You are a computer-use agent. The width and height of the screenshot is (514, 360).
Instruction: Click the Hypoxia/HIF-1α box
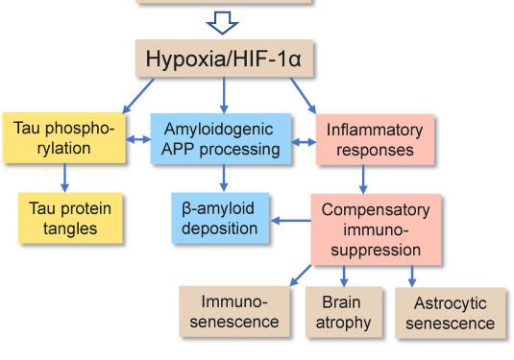coord(224,59)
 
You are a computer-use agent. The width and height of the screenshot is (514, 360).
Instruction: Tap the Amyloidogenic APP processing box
coord(222,138)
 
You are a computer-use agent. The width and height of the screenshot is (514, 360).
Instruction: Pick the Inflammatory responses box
coord(364,138)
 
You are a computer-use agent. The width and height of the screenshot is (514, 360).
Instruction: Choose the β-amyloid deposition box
coord(221,217)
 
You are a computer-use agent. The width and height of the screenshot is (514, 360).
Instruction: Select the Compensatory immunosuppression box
coord(370,230)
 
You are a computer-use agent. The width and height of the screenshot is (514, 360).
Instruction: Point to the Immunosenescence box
coord(233,311)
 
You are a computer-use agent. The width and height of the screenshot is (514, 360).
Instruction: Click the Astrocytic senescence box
coord(450,313)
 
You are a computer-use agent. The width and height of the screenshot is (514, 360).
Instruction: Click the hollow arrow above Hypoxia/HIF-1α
coord(224,20)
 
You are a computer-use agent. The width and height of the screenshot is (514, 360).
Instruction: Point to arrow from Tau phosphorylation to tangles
coord(65,176)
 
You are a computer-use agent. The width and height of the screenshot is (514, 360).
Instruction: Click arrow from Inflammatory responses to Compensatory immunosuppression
coord(364,178)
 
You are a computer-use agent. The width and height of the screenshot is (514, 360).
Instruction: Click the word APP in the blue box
coord(178,150)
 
